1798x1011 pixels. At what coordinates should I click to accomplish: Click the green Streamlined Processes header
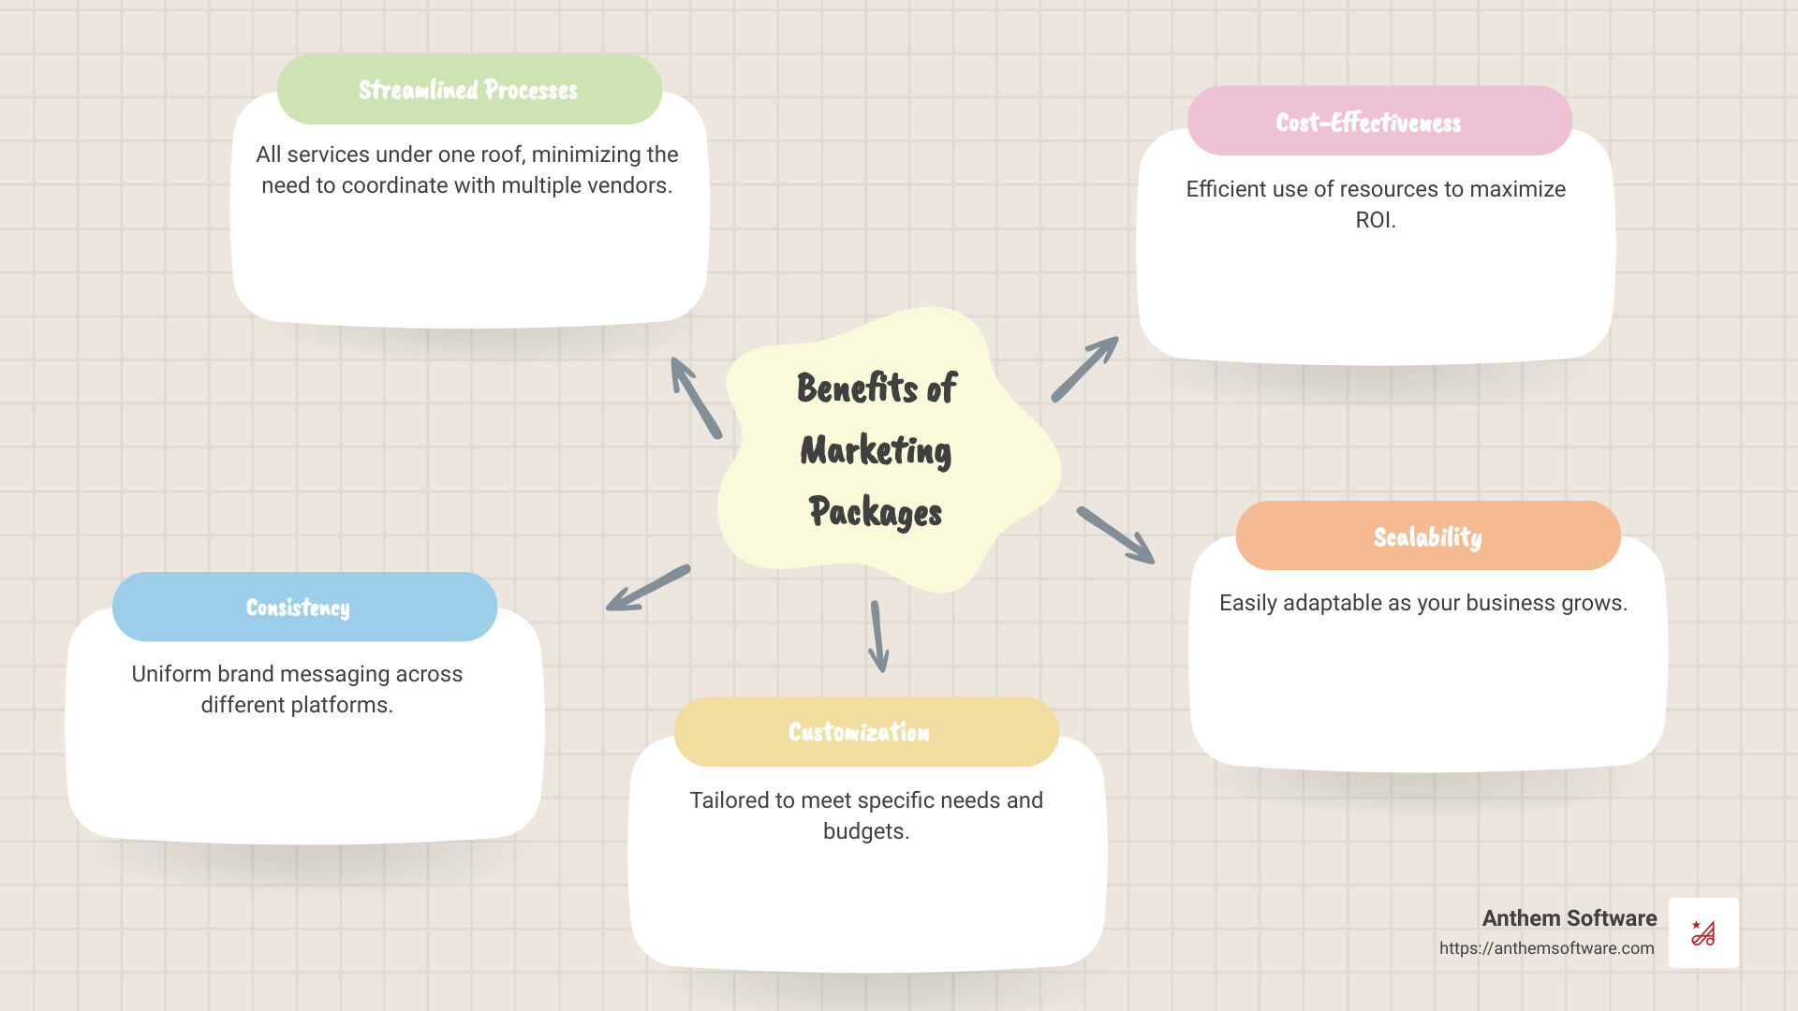(x=469, y=90)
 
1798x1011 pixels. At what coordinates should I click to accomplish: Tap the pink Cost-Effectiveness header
(x=1379, y=121)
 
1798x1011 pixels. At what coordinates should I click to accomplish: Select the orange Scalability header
(x=1428, y=535)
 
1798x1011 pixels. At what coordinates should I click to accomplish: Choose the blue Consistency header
(x=304, y=607)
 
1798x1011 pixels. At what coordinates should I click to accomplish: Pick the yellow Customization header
(x=866, y=732)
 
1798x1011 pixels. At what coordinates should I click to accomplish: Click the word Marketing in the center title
(x=876, y=450)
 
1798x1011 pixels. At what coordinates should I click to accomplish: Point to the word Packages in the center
(x=876, y=512)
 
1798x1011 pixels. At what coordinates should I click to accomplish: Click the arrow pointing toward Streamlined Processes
(x=696, y=398)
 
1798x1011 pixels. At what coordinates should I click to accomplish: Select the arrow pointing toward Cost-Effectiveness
(x=1084, y=369)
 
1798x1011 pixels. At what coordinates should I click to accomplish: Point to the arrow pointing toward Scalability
(x=1115, y=535)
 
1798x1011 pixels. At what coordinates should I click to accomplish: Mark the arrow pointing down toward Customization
(x=878, y=637)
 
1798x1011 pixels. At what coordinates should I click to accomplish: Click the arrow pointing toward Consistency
(x=648, y=588)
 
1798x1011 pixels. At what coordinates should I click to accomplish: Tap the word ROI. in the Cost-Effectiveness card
(x=1376, y=220)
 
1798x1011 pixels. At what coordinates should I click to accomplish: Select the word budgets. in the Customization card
(x=866, y=831)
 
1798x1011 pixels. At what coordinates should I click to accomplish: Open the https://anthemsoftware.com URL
(x=1547, y=948)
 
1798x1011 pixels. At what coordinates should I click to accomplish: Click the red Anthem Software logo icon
(x=1703, y=932)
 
